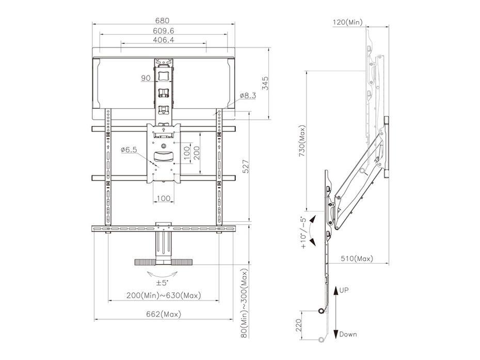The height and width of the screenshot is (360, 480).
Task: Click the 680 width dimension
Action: point(164,21)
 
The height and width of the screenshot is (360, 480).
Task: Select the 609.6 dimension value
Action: point(164,31)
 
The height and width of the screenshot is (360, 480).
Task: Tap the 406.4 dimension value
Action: point(164,40)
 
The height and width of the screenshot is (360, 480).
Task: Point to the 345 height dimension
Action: point(264,84)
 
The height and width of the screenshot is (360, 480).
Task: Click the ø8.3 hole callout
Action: point(248,96)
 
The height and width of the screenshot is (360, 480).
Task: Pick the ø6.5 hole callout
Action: point(129,150)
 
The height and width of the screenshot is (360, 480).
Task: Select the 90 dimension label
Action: point(146,78)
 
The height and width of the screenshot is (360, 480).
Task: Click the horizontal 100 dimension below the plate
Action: point(164,198)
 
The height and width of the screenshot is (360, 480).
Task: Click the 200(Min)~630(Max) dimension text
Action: point(164,296)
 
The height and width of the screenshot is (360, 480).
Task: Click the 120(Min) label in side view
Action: point(347,22)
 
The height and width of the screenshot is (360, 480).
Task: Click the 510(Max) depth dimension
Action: point(356,258)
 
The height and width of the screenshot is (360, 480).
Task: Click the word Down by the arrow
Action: point(348,334)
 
